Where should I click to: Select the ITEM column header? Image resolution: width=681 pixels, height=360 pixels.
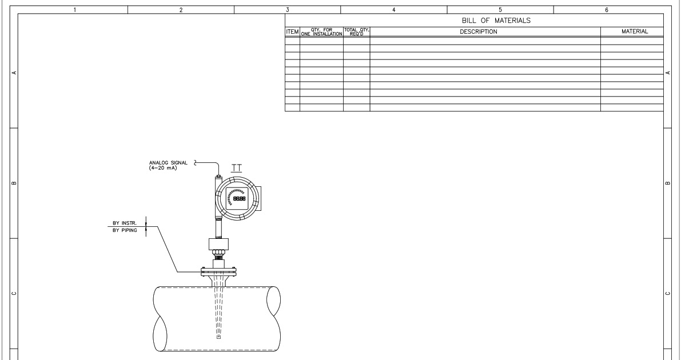click(292, 32)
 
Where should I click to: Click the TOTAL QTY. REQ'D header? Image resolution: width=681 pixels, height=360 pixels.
click(356, 32)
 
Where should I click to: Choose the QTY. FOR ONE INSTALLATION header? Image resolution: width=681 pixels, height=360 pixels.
click(321, 32)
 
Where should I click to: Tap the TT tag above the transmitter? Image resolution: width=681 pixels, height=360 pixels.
click(236, 168)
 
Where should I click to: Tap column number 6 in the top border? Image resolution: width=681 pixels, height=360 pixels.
click(607, 10)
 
